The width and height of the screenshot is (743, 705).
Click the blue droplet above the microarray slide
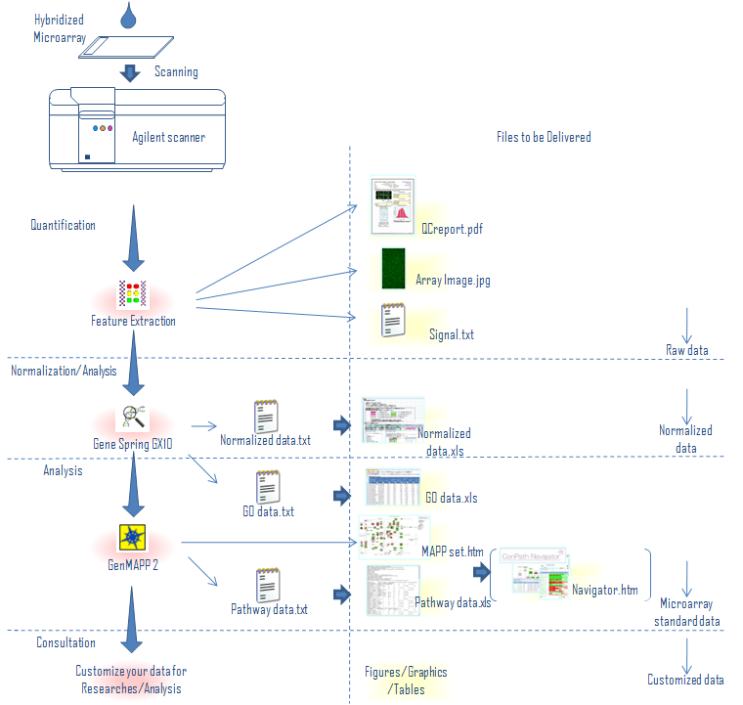pyautogui.click(x=128, y=15)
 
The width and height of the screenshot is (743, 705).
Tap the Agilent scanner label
pyautogui.click(x=169, y=138)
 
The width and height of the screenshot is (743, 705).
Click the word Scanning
pyautogui.click(x=176, y=71)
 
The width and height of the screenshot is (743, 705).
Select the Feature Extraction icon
pyautogui.click(x=132, y=293)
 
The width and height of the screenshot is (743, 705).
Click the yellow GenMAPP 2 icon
pyautogui.click(x=132, y=538)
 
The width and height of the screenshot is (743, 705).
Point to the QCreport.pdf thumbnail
pyautogui.click(x=394, y=205)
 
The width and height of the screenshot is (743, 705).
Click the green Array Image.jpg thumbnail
pyautogui.click(x=393, y=269)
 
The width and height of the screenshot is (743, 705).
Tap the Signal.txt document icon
pyautogui.click(x=394, y=322)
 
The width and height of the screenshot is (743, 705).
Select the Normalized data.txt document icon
pyautogui.click(x=268, y=416)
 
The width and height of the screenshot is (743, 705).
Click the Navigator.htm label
pyautogui.click(x=605, y=591)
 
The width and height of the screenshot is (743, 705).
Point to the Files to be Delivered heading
pyautogui.click(x=543, y=137)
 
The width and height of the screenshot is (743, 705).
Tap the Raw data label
pyautogui.click(x=689, y=349)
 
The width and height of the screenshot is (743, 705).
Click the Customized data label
pyautogui.click(x=685, y=680)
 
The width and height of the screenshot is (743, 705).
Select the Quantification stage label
pyautogui.click(x=64, y=225)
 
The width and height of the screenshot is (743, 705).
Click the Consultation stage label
pyautogui.click(x=66, y=642)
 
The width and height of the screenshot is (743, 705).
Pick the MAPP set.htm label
pyautogui.click(x=453, y=551)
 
